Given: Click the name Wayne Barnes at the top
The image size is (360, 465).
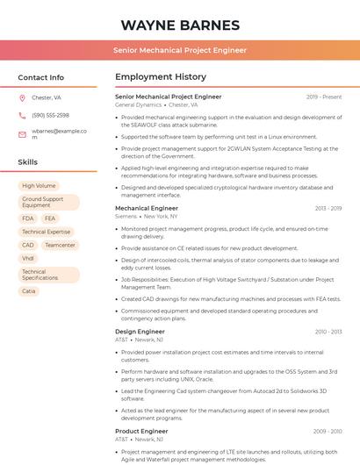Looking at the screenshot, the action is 179,25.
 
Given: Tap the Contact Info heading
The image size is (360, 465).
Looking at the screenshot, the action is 40,77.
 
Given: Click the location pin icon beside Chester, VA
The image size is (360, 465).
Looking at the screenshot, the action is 22,97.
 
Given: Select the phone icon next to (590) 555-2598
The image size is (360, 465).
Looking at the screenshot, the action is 22,115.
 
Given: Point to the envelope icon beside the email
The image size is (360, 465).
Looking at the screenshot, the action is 22,134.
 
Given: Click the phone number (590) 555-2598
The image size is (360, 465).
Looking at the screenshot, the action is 50,115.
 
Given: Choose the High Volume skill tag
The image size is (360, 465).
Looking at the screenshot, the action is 39,186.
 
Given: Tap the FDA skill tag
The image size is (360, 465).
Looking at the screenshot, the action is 28,218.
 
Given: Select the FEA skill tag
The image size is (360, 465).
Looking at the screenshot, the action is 50,218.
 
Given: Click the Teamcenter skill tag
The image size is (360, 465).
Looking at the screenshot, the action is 60,246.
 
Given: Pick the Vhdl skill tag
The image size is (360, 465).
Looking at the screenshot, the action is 28,259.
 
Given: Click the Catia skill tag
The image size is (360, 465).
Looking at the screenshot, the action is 29,291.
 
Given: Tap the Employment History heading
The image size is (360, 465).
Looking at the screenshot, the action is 160,77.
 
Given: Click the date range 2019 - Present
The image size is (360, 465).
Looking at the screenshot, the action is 324,97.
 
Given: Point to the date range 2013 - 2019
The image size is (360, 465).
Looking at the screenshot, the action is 328,209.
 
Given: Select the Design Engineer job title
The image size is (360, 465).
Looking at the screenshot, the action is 140,332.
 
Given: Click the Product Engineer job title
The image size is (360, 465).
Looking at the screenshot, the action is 141,432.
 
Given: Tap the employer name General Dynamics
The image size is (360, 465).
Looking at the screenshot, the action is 138,104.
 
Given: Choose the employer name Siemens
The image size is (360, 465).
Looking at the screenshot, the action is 126,216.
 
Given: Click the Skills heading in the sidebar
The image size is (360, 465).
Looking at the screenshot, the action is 28,162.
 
